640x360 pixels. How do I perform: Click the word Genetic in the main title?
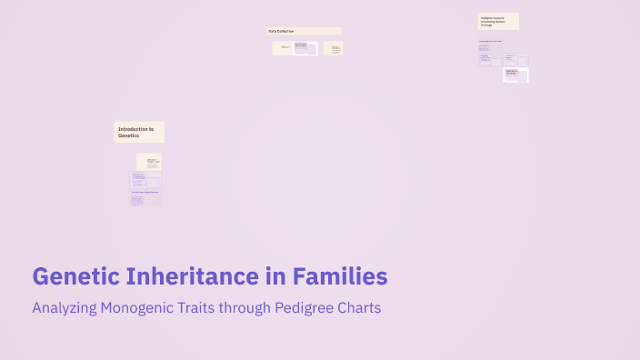(x=74, y=275)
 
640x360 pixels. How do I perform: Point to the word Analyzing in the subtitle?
(x=66, y=308)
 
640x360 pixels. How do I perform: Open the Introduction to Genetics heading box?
(x=139, y=132)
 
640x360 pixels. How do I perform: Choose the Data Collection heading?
(x=305, y=31)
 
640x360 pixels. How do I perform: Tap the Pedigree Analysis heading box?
(x=498, y=21)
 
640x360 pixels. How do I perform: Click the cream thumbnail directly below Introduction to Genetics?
(x=149, y=162)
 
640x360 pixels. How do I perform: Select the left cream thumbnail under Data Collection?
(x=285, y=47)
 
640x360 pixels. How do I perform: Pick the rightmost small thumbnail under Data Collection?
(x=333, y=48)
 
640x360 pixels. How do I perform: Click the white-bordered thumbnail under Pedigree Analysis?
(x=516, y=75)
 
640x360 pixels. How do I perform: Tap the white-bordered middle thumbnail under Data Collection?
(x=305, y=48)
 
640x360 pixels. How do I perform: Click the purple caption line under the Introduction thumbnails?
(x=145, y=192)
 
